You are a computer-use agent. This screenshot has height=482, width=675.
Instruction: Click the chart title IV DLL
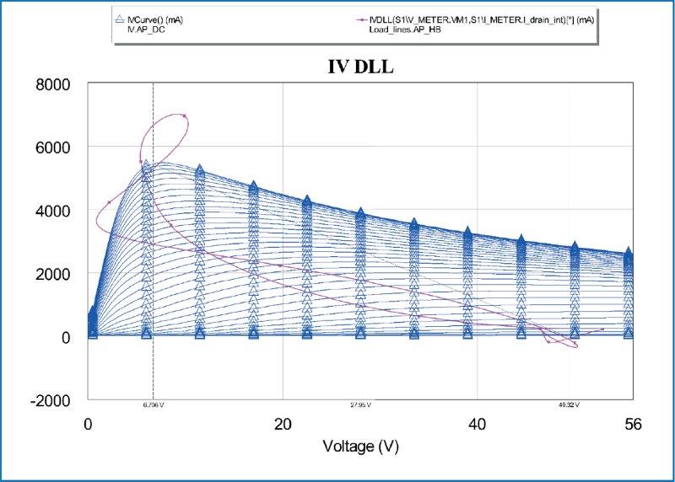tap(361, 67)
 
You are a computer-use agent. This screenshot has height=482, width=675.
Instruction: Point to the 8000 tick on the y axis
tap(53, 84)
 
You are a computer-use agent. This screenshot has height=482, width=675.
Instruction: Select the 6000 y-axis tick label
tap(53, 147)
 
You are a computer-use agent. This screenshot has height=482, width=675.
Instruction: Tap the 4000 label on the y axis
tap(53, 211)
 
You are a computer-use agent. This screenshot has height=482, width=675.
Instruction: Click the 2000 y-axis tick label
tap(53, 274)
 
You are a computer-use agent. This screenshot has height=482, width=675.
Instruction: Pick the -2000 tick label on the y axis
tap(50, 400)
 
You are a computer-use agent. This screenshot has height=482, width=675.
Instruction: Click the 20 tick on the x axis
tap(283, 424)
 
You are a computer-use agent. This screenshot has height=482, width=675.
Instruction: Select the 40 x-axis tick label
tap(478, 424)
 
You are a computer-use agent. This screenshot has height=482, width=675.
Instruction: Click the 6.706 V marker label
tap(153, 405)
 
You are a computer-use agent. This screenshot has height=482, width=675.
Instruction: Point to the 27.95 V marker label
tap(360, 405)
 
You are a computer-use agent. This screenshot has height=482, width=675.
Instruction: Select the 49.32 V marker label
tap(569, 405)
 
